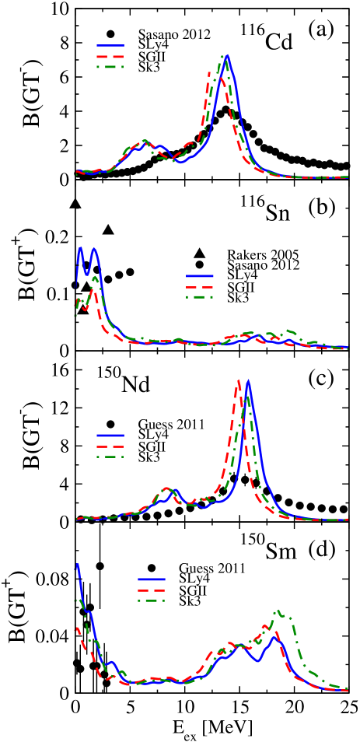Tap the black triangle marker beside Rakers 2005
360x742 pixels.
click(199, 254)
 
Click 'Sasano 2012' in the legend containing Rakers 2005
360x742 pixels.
click(263, 265)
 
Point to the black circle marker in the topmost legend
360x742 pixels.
click(110, 35)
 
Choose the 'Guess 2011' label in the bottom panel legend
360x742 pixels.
click(211, 569)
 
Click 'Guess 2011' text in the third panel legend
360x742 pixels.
click(171, 425)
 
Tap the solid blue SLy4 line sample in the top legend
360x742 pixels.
click(110, 46)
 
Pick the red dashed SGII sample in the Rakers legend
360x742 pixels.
click(199, 287)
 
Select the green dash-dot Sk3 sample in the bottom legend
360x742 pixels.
click(151, 601)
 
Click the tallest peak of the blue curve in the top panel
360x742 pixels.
click(226, 56)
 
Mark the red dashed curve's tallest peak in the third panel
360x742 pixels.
click(238, 381)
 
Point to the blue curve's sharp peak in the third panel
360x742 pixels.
click(248, 381)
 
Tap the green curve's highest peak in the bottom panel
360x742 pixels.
click(278, 611)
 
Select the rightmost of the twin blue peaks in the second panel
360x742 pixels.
click(94, 249)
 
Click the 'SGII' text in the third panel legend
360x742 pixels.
click(152, 446)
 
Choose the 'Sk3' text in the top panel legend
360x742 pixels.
click(149, 68)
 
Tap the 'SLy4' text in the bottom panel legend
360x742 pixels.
click(194, 579)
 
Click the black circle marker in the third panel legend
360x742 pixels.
click(110, 425)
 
